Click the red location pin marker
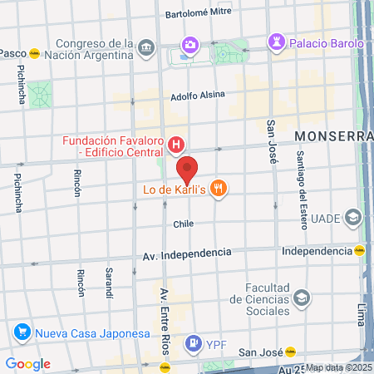pyautogui.click(x=188, y=170)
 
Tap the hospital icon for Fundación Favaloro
pyautogui.click(x=176, y=147)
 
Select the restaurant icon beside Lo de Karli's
pyautogui.click(x=219, y=189)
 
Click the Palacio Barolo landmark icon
pyautogui.click(x=276, y=42)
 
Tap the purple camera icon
pyautogui.click(x=190, y=44)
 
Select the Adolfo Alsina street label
pyautogui.click(x=198, y=95)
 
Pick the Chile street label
pyautogui.click(x=183, y=224)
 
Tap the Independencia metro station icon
pyautogui.click(x=361, y=250)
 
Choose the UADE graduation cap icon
pyautogui.click(x=353, y=218)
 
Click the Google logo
pyautogui.click(x=28, y=364)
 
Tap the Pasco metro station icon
pyautogui.click(x=35, y=53)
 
